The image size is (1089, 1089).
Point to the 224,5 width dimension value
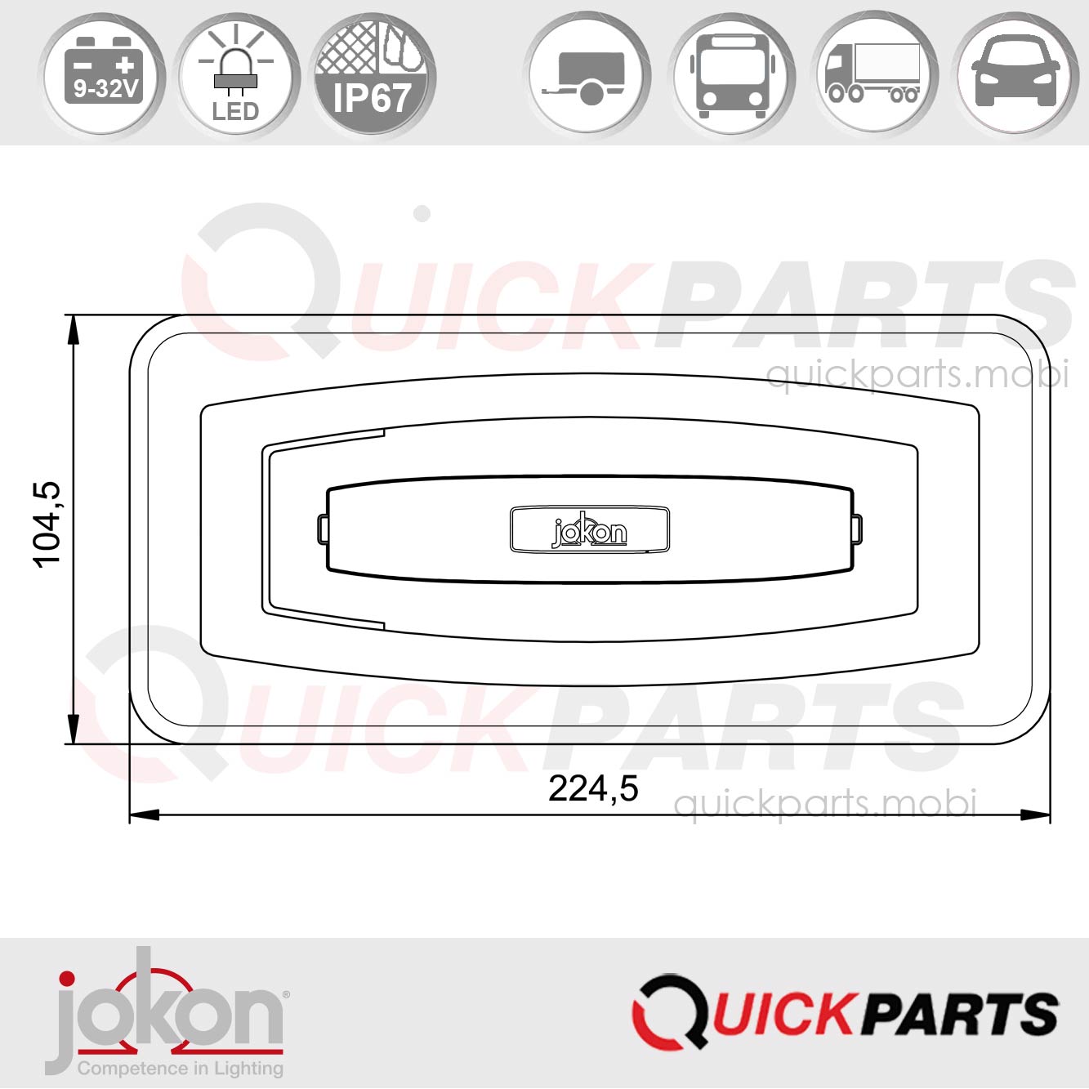tap(593, 789)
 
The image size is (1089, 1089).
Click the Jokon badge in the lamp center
tap(589, 530)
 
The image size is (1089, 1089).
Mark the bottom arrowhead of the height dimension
tap(74, 730)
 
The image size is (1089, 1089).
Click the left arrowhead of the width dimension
tap(144, 815)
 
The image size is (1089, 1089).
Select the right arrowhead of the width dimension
tap(1036, 815)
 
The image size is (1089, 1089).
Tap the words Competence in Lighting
tap(180, 1068)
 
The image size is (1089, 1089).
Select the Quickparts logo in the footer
tap(845, 1011)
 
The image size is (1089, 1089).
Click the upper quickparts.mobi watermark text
tap(917, 376)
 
